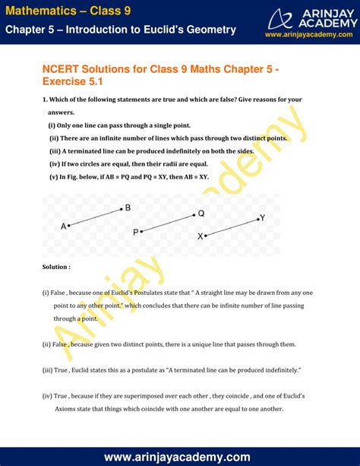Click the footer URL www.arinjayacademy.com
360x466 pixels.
coord(180,456)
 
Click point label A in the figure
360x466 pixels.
coord(64,226)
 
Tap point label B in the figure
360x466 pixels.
coord(128,208)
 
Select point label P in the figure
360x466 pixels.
coord(135,233)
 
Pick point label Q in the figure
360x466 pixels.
coord(201,214)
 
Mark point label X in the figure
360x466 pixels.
coord(201,236)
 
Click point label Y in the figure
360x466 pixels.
coord(262,218)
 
